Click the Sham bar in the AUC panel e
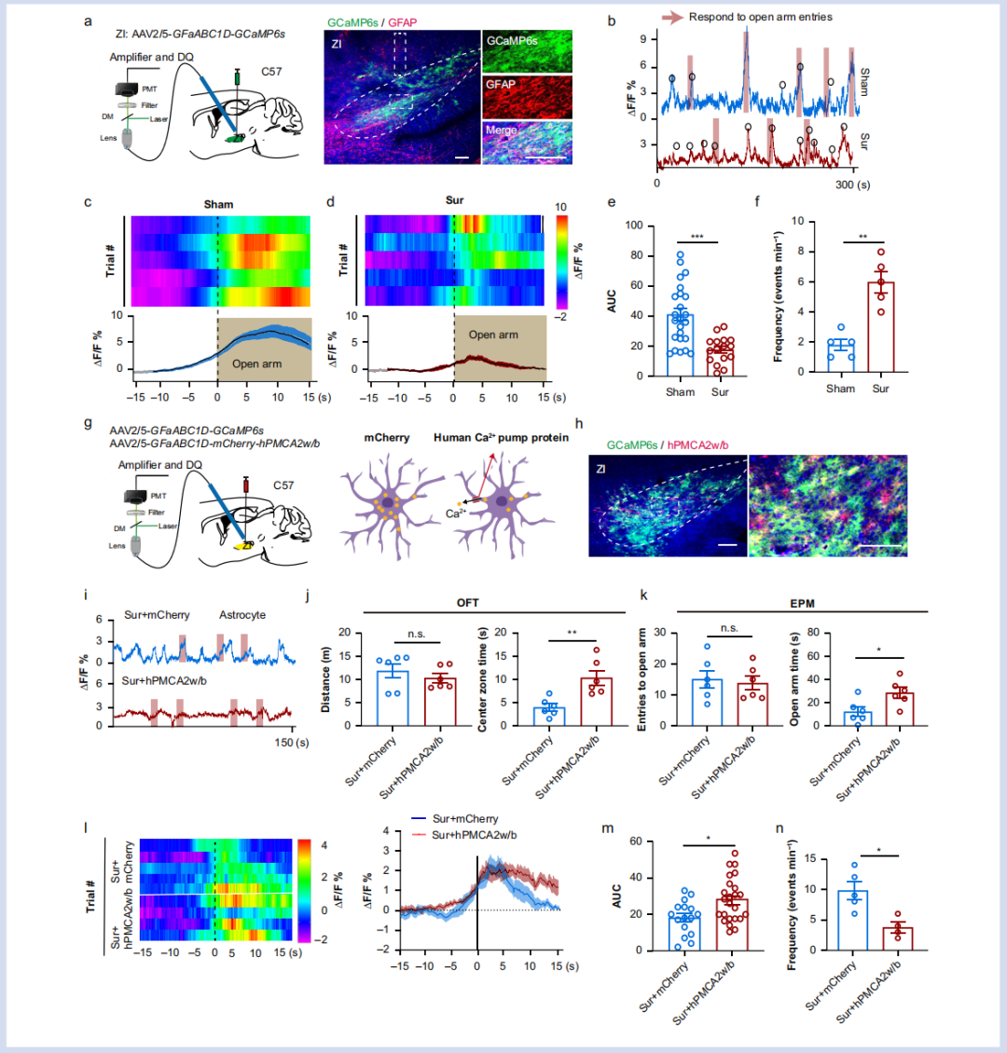coord(681,345)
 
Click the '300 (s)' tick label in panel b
coord(853,185)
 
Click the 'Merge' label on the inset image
coord(501,130)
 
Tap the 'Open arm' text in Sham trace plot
coord(257,364)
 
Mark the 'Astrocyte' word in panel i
coord(241,615)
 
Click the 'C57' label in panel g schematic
coord(283,485)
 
